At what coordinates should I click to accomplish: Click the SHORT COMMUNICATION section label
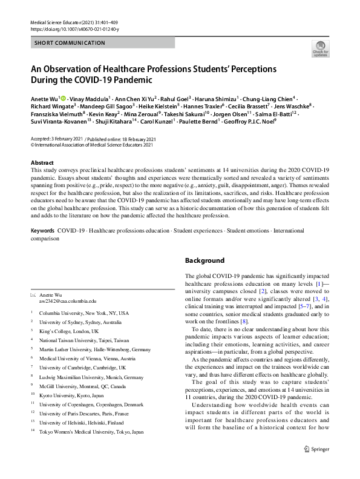[x=63, y=44]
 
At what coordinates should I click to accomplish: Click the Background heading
[x=205, y=260]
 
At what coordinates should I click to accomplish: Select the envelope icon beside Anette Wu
[x=33, y=294]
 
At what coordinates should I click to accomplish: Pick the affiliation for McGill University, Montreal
[x=79, y=386]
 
